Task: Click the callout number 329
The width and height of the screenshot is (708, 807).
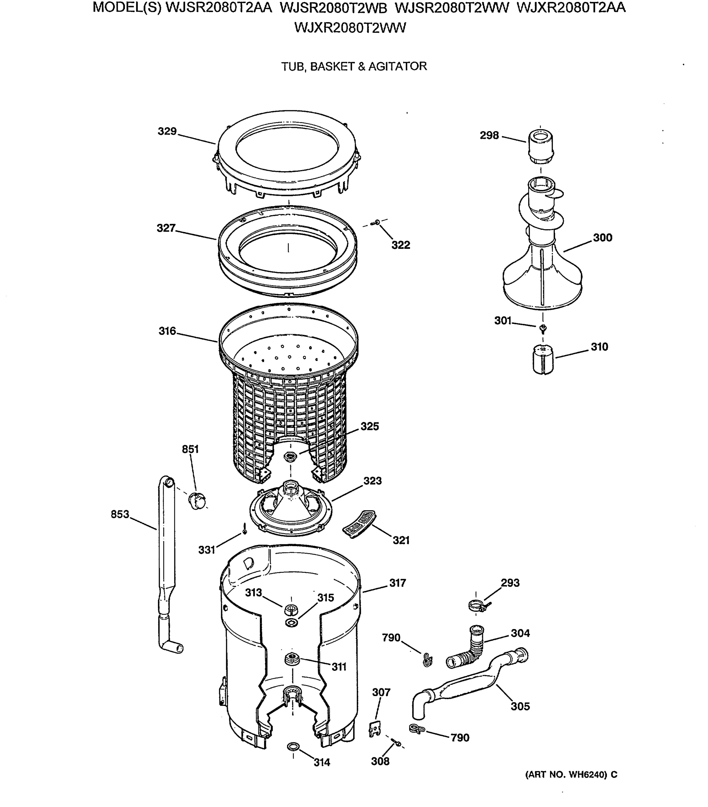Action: click(167, 131)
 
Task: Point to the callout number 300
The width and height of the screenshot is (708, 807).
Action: click(602, 238)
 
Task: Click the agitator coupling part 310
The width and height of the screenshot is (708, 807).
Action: click(543, 359)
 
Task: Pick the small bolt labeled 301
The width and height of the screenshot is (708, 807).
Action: click(543, 328)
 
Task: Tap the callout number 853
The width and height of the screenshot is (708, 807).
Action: click(120, 514)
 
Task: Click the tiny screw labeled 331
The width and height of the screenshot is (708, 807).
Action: click(244, 529)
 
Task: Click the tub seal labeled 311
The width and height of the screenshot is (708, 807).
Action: click(291, 659)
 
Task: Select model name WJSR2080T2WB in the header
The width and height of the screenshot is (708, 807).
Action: click(333, 8)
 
